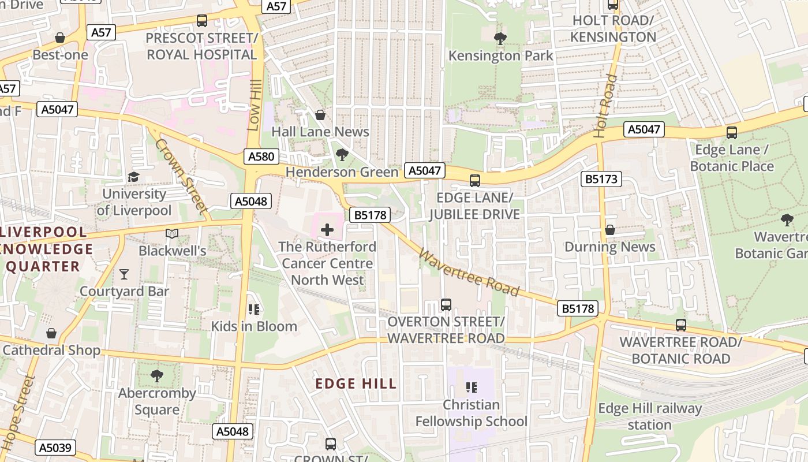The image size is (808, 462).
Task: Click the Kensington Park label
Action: (500, 56)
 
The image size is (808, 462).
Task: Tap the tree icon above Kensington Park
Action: (500, 39)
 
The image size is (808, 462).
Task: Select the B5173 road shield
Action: (601, 179)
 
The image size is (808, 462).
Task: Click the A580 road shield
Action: (261, 157)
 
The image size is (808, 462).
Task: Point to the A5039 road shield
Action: (56, 447)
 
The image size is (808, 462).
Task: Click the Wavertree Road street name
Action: (469, 271)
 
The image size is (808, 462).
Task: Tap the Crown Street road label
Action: (181, 175)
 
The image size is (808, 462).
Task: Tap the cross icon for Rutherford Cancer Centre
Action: (327, 230)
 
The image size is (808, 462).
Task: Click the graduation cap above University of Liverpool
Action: (134, 177)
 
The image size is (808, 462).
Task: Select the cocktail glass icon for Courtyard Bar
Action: (124, 274)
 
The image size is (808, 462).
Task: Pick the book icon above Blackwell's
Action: (172, 233)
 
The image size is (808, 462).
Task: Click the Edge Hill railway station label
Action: (650, 417)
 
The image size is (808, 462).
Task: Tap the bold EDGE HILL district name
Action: (356, 383)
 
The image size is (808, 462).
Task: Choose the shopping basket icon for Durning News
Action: (610, 230)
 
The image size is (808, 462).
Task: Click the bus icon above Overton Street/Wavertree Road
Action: (446, 304)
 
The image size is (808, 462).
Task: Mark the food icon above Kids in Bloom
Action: (253, 310)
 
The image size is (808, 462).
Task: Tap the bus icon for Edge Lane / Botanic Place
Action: (732, 132)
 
